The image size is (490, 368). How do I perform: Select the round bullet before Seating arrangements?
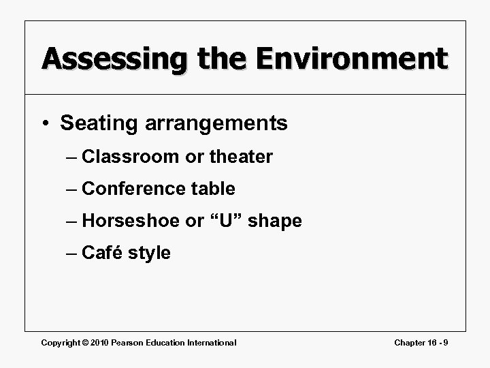pyautogui.click(x=46, y=124)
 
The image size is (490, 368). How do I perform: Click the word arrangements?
pyautogui.click(x=214, y=124)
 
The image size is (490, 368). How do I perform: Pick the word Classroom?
pyautogui.click(x=131, y=157)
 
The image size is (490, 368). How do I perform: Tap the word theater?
pyautogui.click(x=240, y=157)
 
